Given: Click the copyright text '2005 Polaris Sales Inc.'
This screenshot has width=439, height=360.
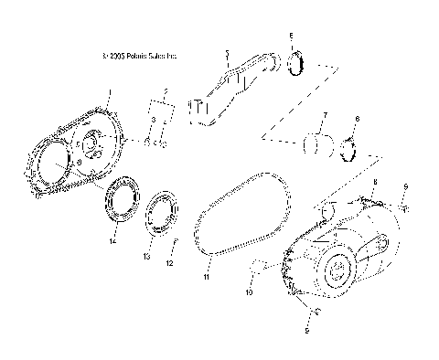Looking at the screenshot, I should click(x=141, y=56).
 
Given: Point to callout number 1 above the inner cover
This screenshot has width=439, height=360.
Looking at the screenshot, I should click(x=110, y=92).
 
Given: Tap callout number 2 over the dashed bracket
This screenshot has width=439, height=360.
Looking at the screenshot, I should click(x=166, y=92).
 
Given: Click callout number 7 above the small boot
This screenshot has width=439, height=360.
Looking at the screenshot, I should click(x=324, y=116).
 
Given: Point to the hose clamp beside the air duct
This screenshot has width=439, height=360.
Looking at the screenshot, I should click(x=295, y=66).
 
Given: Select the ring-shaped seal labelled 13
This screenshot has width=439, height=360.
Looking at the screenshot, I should click(x=164, y=211).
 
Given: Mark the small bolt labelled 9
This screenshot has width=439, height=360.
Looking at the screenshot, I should click(x=402, y=208).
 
